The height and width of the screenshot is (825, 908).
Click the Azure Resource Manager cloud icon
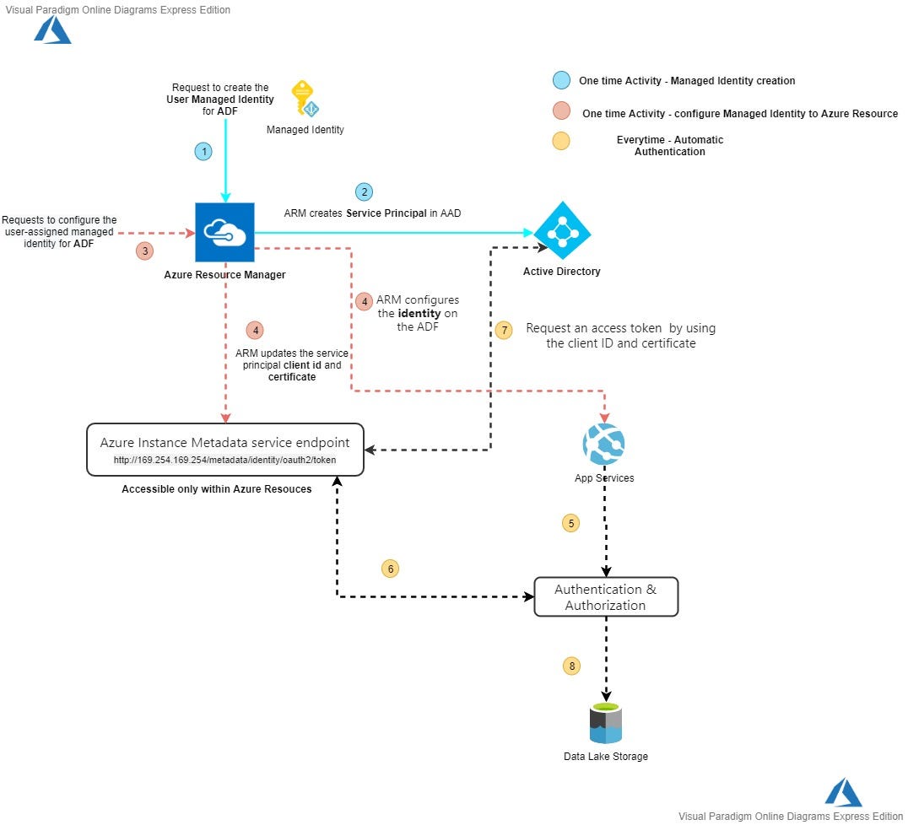tap(224, 232)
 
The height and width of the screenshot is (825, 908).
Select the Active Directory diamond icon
tap(562, 230)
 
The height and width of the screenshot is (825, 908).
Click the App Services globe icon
tap(603, 444)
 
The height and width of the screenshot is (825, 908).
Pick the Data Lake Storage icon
tap(606, 723)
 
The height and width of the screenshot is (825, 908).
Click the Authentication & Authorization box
tap(606, 597)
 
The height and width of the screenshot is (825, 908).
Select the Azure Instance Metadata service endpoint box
tap(224, 450)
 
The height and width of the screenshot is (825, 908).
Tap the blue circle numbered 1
tap(203, 152)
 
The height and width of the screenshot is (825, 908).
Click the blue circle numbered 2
tap(364, 191)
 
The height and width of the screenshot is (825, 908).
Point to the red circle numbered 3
tap(145, 251)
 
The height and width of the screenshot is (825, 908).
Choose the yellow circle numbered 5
tap(571, 523)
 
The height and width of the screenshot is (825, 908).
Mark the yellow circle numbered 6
tap(390, 569)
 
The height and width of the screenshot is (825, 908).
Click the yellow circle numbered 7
tap(504, 330)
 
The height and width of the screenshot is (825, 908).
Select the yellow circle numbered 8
tap(571, 666)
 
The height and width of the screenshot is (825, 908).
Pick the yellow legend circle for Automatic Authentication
tap(559, 140)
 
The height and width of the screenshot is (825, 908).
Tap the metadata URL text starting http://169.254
tap(224, 461)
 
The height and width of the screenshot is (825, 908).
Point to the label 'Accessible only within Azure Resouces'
tap(217, 489)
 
